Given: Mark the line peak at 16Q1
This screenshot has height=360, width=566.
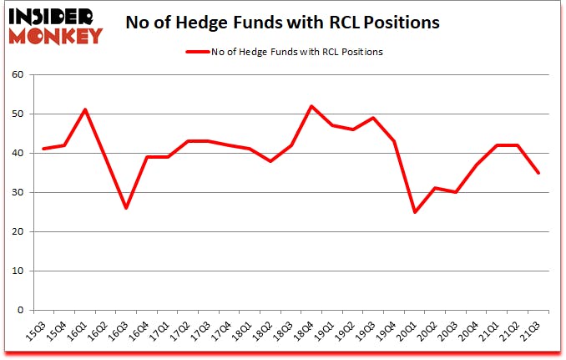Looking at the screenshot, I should pyautogui.click(x=85, y=109).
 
